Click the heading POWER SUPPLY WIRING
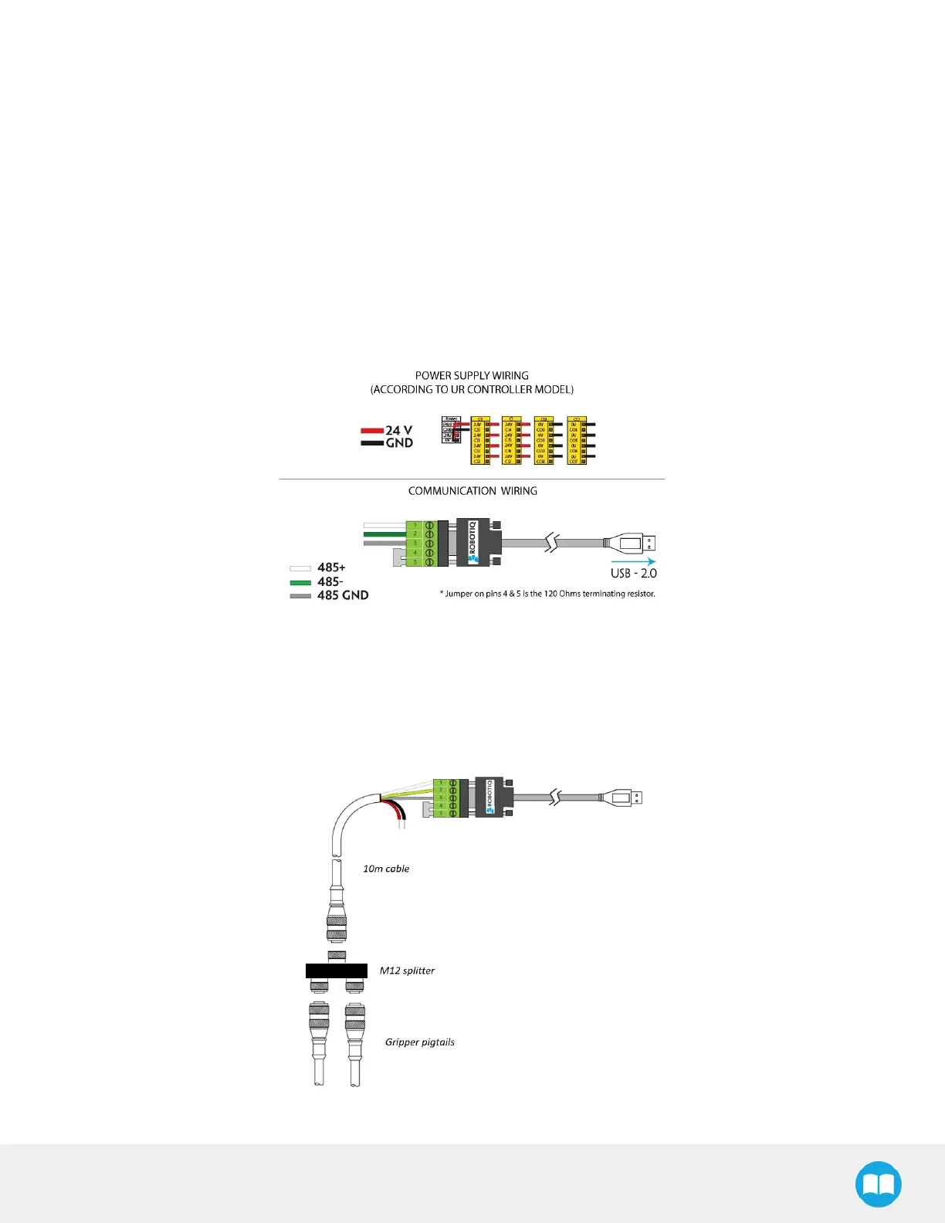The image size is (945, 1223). [472, 376]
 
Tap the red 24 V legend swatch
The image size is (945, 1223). [372, 431]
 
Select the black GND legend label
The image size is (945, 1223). [399, 443]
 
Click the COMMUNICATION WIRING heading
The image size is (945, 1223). [472, 491]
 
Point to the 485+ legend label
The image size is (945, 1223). [331, 567]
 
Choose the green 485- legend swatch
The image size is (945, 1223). [300, 582]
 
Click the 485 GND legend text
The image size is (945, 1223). [343, 595]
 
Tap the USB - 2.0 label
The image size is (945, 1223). [633, 574]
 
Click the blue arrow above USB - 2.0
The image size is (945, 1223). [633, 561]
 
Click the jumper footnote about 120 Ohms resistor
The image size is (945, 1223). [547, 594]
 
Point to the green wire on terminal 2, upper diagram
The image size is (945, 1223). [384, 534]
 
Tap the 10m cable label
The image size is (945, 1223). [386, 869]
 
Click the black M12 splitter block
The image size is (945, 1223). [336, 971]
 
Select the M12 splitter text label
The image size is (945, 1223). [407, 971]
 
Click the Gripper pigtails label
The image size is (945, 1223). [419, 1042]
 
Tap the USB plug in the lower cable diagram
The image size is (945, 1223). [624, 797]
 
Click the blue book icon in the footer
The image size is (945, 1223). [879, 1184]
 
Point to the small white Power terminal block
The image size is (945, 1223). [451, 430]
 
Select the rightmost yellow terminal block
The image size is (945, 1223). [576, 440]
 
